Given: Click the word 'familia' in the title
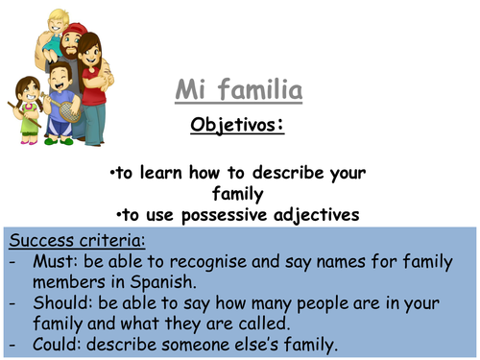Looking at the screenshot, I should point(253,92).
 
